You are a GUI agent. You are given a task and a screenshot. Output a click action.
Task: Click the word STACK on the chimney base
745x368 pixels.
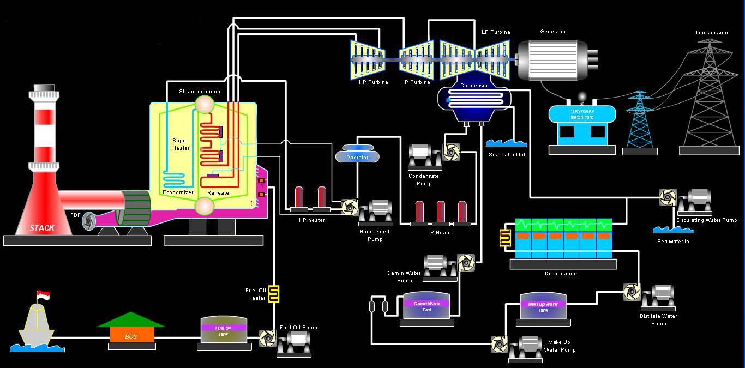tap(42, 228)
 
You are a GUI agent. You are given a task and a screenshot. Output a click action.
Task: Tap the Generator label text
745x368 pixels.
tap(552, 32)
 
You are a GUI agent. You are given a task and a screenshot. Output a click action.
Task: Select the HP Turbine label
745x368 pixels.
tap(374, 82)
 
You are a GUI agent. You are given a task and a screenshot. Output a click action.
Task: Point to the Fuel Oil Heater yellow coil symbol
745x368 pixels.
tap(274, 293)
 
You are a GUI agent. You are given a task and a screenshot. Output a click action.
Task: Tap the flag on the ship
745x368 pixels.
tap(43, 295)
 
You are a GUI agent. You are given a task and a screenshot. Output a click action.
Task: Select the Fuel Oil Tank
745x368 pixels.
tap(224, 330)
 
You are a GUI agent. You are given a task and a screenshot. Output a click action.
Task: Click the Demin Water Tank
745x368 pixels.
tap(427, 306)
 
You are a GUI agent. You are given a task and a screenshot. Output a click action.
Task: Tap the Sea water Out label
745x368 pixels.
tap(507, 155)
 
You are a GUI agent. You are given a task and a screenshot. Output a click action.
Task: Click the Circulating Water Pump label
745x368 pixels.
tap(706, 220)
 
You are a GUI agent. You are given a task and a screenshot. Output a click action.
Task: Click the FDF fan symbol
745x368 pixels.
tap(89, 221)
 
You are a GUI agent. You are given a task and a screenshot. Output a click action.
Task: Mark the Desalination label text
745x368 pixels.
tap(561, 274)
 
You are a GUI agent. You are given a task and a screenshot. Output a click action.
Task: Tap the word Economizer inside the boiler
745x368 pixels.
tap(178, 192)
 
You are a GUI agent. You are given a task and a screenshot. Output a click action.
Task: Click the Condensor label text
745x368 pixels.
tap(474, 86)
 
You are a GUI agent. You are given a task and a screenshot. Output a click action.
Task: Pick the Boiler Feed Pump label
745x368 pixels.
tap(375, 235)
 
